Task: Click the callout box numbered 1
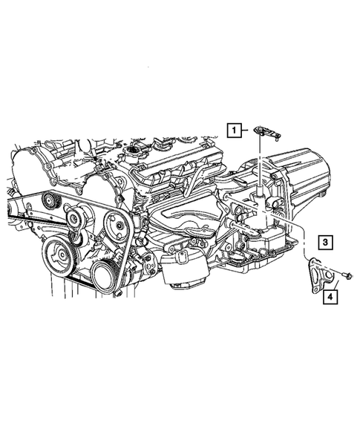(x=234, y=132)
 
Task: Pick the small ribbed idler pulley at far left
(x=48, y=202)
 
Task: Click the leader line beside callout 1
(x=247, y=132)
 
